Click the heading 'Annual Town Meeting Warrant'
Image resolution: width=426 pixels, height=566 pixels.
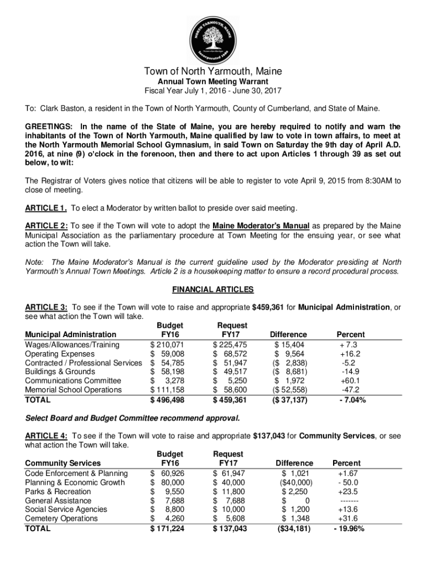(x=213, y=82)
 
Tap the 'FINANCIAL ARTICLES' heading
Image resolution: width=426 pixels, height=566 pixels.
(x=213, y=290)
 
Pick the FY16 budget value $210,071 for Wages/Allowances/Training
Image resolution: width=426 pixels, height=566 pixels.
(x=167, y=344)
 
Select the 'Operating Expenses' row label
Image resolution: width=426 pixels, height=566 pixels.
(x=55, y=353)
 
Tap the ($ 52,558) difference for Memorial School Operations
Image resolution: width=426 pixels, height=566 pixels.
(x=288, y=390)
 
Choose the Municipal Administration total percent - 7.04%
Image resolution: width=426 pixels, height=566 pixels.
(x=350, y=400)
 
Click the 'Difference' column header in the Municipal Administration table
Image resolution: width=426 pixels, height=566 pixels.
(x=288, y=334)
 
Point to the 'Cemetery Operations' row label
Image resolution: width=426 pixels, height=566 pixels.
(x=61, y=518)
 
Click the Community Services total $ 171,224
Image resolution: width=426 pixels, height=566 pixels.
(x=167, y=529)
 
